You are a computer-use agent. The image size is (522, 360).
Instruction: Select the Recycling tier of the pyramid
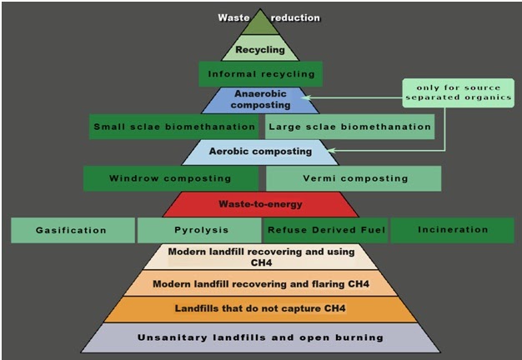point(260,50)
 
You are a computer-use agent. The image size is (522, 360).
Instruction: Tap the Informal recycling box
point(261,74)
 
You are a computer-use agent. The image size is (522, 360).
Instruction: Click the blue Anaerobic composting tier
point(261,100)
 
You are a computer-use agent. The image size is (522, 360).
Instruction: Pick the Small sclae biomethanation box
point(174,127)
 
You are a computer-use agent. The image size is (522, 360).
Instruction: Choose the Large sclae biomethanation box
point(349,127)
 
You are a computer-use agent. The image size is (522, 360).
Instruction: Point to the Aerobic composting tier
point(260,152)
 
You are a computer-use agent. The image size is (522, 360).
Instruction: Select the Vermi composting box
point(354,178)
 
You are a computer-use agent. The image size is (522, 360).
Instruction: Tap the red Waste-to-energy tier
point(260,204)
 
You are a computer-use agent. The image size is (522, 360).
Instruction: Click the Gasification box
point(72,230)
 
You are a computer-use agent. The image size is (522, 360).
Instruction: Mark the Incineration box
point(453,230)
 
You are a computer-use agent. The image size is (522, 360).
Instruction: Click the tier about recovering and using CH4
point(261,257)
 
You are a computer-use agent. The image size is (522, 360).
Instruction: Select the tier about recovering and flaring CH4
point(261,283)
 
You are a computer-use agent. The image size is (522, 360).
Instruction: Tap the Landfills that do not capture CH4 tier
point(261,309)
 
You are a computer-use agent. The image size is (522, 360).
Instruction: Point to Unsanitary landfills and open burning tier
point(261,337)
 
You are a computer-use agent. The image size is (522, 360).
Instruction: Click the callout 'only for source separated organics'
point(457,92)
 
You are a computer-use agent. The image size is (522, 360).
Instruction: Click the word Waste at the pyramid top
point(233,17)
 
